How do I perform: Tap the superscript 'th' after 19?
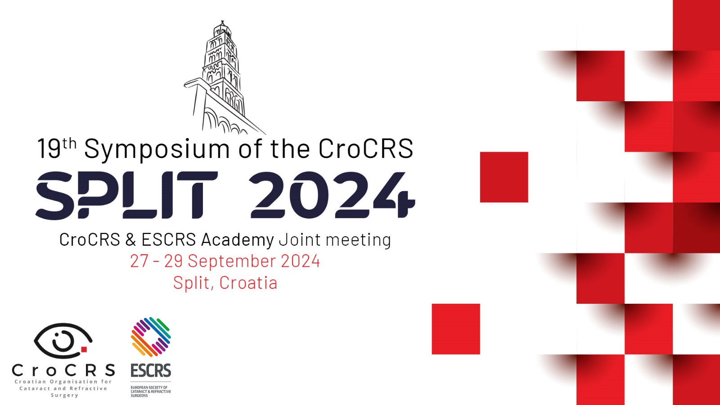tap(69, 144)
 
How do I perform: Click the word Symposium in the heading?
tap(157, 149)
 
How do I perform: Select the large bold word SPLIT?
tap(126, 195)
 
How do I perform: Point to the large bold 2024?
tap(332, 195)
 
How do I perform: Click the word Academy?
tap(237, 240)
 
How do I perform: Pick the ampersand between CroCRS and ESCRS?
tap(130, 240)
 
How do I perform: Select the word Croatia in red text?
tap(248, 283)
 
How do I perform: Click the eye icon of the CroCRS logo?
tap(63, 340)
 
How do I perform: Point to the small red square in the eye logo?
tap(84, 349)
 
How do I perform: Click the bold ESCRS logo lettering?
tap(151, 371)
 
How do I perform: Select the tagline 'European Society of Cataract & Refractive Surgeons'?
tap(150, 391)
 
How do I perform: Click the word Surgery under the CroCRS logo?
tap(64, 395)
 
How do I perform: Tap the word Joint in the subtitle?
tap(300, 240)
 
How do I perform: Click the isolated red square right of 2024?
tap(504, 177)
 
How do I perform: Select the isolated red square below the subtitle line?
tap(455, 329)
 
